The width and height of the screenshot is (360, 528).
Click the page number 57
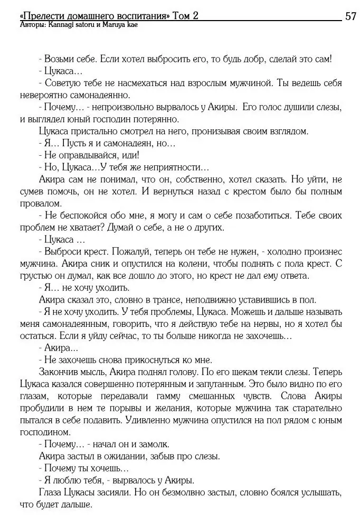[x=350, y=16]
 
